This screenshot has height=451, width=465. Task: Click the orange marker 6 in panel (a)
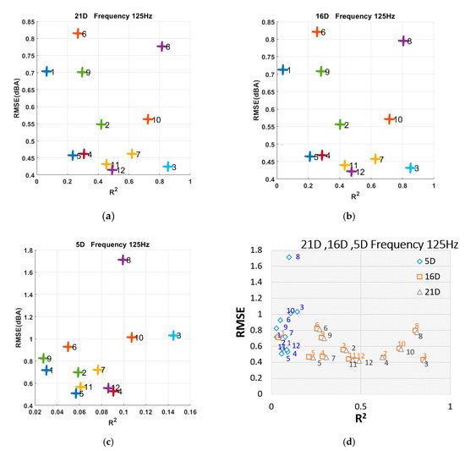point(77,33)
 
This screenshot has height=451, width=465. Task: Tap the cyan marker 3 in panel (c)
point(172,336)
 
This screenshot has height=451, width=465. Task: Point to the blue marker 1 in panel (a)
point(46,72)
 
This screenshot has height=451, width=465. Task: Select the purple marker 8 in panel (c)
point(123,260)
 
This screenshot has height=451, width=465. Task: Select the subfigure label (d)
point(351,440)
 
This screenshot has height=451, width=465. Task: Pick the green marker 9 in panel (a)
point(81,72)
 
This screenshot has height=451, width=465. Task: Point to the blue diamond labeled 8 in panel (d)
point(288,257)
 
